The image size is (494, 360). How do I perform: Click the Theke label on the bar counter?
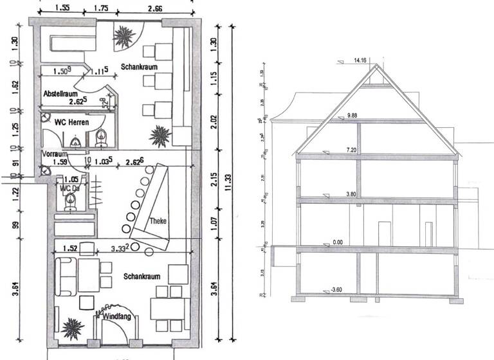click(158, 221)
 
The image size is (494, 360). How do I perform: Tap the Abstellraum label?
click(60, 94)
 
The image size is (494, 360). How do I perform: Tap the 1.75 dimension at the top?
click(102, 8)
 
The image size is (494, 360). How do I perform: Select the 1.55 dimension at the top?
click(62, 8)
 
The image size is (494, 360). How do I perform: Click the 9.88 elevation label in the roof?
click(356, 116)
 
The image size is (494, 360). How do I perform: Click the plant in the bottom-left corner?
click(72, 328)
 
